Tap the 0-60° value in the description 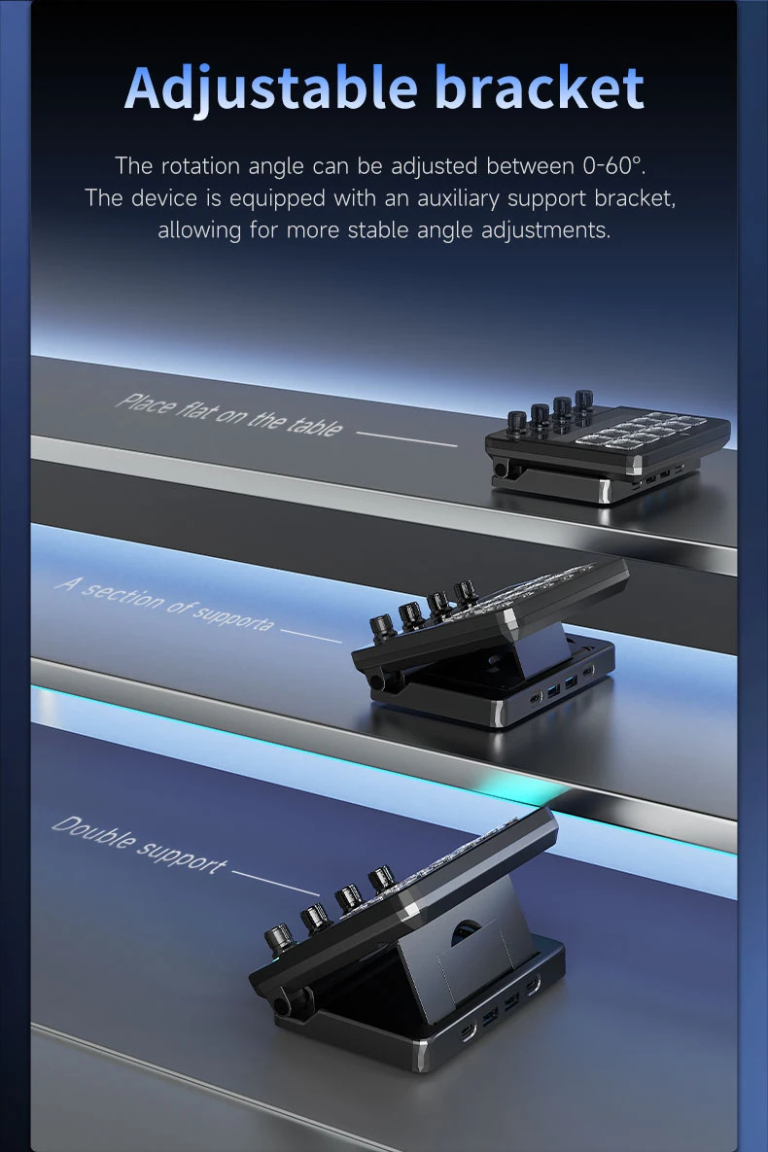613,166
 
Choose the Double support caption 139,845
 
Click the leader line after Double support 275,883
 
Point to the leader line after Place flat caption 406,438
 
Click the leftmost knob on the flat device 516,423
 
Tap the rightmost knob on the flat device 584,401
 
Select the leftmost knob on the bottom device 279,940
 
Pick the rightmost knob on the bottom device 382,880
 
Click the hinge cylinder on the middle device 377,682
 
